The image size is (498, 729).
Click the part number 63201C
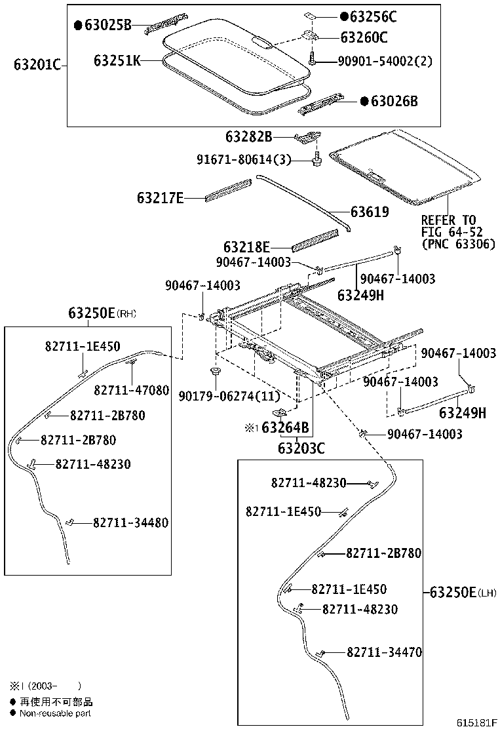click(x=37, y=64)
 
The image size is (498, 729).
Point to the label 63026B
click(x=394, y=101)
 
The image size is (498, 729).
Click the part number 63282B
click(x=248, y=137)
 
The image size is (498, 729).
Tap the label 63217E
click(x=161, y=197)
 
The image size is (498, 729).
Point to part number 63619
click(x=370, y=212)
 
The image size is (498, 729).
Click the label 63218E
click(x=246, y=247)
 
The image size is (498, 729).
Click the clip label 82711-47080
click(x=131, y=391)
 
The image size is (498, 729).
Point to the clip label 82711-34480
click(x=130, y=522)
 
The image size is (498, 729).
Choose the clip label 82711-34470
click(x=384, y=652)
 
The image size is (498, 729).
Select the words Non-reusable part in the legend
click(x=56, y=713)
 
